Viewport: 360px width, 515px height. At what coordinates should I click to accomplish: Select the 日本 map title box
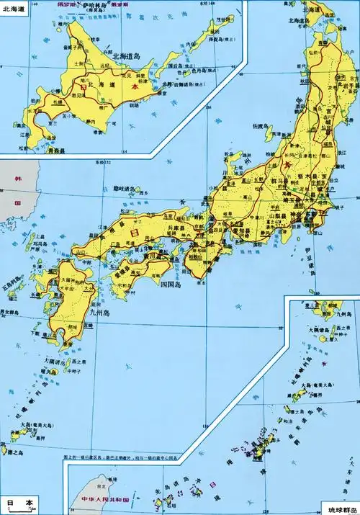coord(19,504)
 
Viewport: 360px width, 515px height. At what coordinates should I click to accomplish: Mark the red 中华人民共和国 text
coord(102,498)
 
